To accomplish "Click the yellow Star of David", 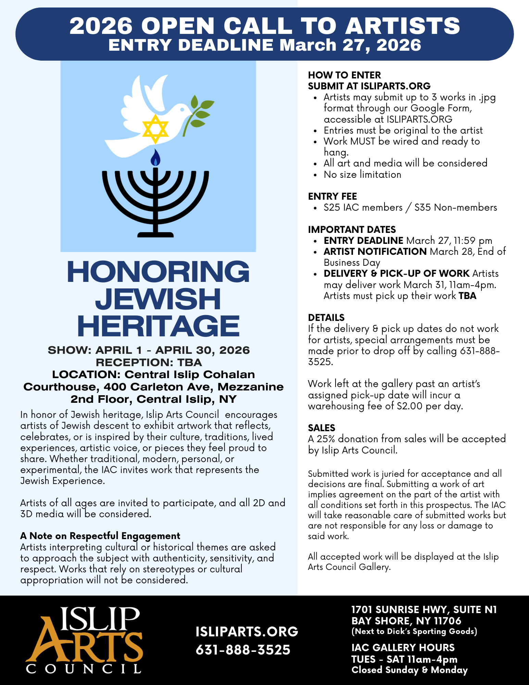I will tap(155, 129).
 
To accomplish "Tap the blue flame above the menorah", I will tap(156, 158).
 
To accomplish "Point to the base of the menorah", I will tap(155, 234).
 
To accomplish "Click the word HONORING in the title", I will tap(158, 272).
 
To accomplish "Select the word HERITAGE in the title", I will tap(158, 326).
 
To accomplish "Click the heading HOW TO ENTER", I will tap(344, 75).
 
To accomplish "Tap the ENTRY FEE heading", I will tap(332, 196).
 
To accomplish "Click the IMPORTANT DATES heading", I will tap(352, 229).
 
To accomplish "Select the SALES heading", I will tap(322, 428).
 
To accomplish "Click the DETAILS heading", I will tap(326, 317).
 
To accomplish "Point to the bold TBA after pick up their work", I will tap(467, 296).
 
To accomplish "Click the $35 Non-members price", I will tap(456, 208).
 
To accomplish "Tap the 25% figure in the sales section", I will tap(326, 439).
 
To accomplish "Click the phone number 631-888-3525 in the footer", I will tap(243, 650).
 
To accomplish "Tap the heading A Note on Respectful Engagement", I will tap(100, 536).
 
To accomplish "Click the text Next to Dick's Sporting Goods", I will tap(414, 631).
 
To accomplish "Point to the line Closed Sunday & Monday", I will tap(410, 670).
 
